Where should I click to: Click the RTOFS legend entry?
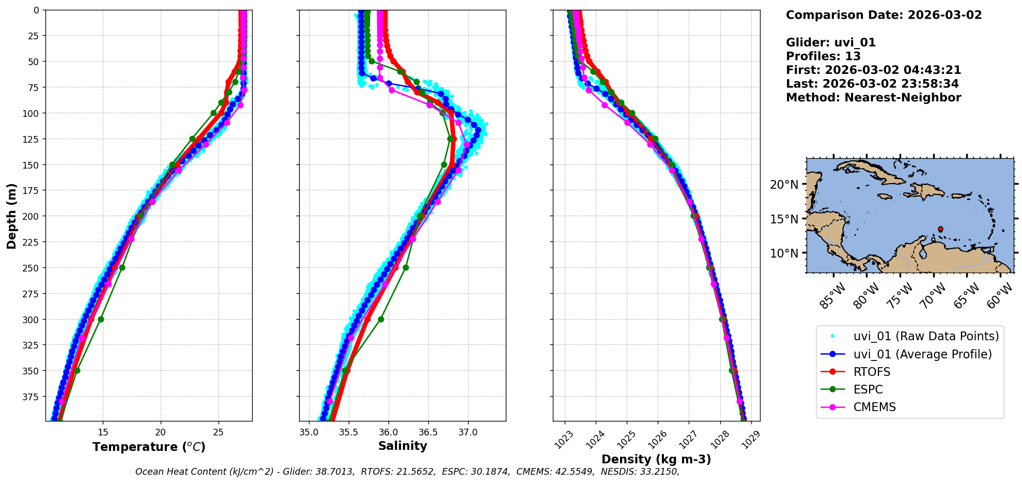click(872, 372)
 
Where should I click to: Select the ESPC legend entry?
click(868, 389)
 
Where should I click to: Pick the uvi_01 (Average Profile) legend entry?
click(922, 354)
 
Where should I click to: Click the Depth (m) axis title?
click(11, 216)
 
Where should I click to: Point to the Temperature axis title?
click(149, 447)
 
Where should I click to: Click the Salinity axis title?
click(402, 446)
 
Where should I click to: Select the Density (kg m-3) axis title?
click(656, 459)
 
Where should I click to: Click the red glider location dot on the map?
click(940, 229)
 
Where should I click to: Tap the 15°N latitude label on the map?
click(784, 219)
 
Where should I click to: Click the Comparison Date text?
click(884, 15)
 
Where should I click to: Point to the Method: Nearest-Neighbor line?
click(873, 98)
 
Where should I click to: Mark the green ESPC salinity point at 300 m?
click(381, 319)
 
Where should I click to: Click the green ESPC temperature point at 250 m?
click(122, 267)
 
